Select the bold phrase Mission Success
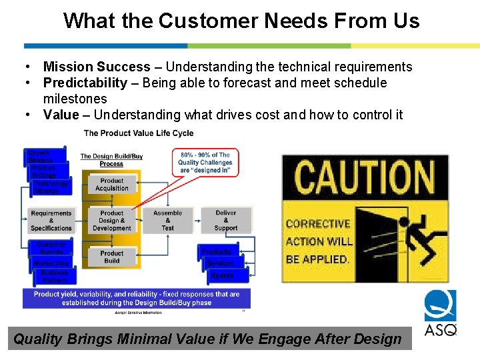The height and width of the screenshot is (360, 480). tap(97, 67)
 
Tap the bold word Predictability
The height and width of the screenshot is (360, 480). tap(85, 83)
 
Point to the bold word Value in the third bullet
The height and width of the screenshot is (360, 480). tap(61, 115)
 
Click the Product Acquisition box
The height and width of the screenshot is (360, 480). tap(111, 185)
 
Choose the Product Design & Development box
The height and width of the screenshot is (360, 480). tap(111, 221)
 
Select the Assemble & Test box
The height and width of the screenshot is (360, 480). tap(167, 221)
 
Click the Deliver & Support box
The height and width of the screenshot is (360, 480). tap(225, 221)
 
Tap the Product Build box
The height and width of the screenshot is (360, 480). tap(111, 257)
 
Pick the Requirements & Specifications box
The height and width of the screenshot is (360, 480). tap(51, 221)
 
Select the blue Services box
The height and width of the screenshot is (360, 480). tap(220, 263)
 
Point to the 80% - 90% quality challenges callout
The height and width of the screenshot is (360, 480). tap(205, 162)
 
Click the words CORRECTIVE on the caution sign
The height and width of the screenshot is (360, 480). tap(317, 224)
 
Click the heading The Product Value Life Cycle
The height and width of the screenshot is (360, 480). tap(139, 133)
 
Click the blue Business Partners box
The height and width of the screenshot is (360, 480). tap(54, 276)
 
